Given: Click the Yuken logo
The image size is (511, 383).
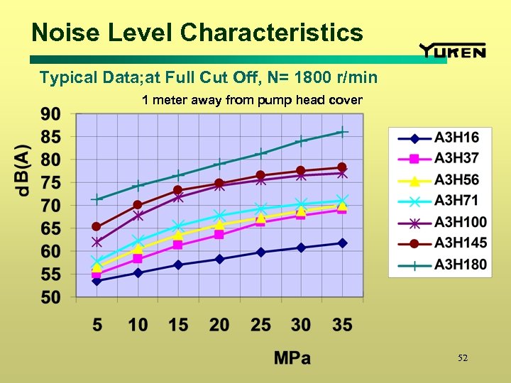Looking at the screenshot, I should pos(452,50).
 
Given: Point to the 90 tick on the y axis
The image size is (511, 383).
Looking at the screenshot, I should pos(50,114).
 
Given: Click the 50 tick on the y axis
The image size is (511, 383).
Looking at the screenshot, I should pos(50,297).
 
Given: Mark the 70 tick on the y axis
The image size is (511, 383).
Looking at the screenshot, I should pos(50,206).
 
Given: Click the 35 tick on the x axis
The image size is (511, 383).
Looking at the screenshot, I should pos(342,325).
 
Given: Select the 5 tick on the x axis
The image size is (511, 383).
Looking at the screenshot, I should pos(97,325).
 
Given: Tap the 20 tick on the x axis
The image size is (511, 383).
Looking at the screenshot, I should pos(219,325).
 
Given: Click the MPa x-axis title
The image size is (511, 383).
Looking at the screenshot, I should pos(292,358).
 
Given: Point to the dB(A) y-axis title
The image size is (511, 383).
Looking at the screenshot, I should pos(23,170).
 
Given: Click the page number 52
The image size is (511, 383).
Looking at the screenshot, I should pos(463,358).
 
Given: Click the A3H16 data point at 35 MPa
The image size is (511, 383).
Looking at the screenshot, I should pos(342,243).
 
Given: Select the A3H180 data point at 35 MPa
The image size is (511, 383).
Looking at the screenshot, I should pos(342,132).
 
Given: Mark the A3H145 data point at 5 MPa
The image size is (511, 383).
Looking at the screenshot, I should pos(97,227).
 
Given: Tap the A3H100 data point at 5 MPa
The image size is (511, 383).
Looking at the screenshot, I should pos(97,242).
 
